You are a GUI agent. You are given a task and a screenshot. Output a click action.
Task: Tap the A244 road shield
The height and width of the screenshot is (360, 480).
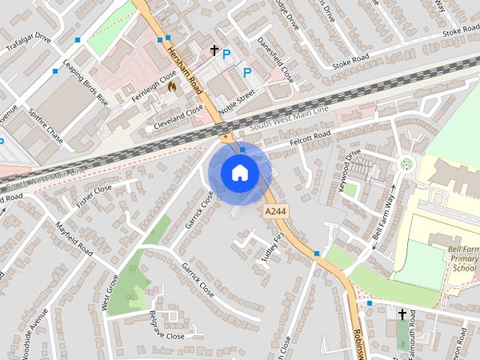pos(274,213)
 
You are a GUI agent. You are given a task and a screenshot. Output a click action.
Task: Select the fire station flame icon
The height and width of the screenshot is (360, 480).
pos(172,86)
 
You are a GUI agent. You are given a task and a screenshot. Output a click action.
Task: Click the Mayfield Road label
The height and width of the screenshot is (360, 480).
pos(73,238)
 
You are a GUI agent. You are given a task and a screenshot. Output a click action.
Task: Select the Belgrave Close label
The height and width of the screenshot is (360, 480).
pos(166,325)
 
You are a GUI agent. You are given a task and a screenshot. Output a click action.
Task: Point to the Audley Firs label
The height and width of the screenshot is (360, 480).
pos(275,244)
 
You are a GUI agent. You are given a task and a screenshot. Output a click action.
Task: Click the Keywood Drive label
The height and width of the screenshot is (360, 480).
pos(350,172)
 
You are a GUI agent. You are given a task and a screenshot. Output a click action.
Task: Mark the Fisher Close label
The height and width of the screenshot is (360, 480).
pos(93,196)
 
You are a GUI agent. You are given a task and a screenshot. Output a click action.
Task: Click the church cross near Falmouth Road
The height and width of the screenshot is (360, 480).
pos(402,314)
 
